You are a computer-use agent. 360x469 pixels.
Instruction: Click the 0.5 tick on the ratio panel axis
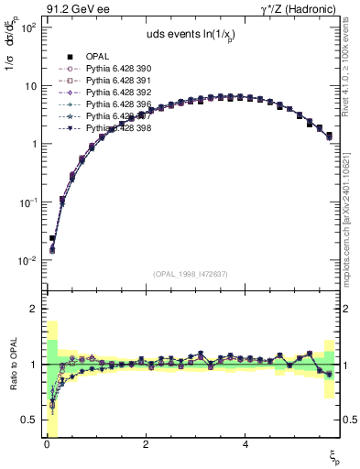(x=27, y=420)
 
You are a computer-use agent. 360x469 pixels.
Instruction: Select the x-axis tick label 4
(x=245, y=444)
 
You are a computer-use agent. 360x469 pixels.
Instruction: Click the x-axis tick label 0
(x=46, y=444)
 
